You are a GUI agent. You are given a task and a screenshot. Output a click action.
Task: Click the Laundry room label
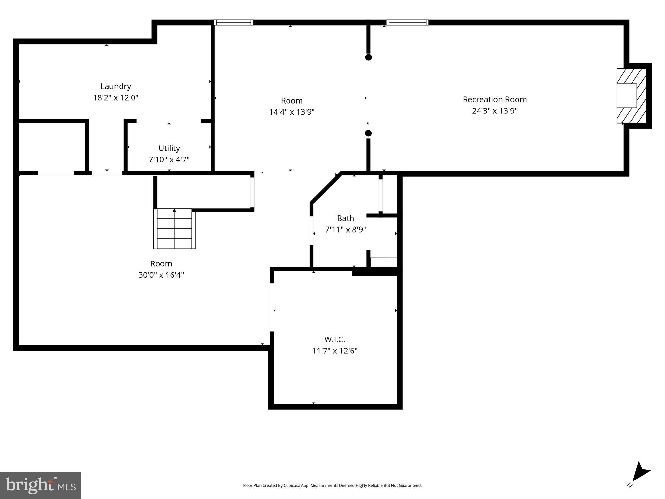116,86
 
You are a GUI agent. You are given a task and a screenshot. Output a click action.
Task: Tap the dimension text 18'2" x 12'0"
116,98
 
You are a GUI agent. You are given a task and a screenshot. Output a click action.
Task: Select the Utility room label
169,148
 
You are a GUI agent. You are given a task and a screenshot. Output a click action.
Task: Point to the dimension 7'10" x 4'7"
169,160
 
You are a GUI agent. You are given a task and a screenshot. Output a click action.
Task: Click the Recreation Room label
494,99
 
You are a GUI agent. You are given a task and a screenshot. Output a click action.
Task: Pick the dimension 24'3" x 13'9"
494,111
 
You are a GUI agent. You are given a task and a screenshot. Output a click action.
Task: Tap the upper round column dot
368,57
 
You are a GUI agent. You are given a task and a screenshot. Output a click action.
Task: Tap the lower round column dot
368,133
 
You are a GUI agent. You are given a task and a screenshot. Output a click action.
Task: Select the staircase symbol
174,229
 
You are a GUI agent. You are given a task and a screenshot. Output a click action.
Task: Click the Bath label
345,218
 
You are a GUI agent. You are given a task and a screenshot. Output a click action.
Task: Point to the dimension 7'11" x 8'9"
345,230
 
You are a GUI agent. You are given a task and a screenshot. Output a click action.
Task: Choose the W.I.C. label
335,339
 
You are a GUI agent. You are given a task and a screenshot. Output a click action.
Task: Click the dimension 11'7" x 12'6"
335,351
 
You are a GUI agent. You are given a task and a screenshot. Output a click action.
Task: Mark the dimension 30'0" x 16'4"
161,275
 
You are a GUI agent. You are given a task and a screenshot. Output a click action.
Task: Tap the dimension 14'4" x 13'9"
292,112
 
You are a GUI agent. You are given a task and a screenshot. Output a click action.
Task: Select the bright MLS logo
41,486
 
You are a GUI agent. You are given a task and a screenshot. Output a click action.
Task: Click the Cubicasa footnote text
332,485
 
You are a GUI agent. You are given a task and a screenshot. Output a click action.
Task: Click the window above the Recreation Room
407,22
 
